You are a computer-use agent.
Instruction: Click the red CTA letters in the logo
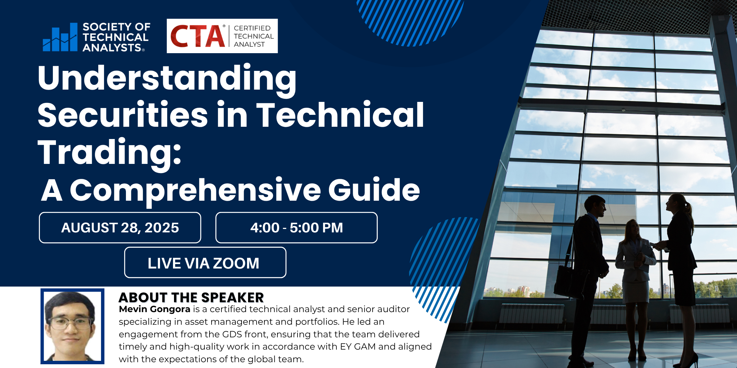[x=198, y=36]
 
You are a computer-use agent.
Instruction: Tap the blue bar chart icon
[x=60, y=37]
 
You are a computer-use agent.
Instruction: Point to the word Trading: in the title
[x=110, y=152]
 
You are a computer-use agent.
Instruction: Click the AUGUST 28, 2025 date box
[x=120, y=228]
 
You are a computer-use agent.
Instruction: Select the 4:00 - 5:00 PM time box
[x=297, y=228]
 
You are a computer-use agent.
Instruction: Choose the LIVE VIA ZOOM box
[x=205, y=262]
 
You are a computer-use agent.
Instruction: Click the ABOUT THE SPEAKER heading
[x=191, y=297]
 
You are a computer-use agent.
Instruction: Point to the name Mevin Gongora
[x=155, y=309]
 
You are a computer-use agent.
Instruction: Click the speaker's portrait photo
[x=72, y=326]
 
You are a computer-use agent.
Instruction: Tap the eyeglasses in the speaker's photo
[x=71, y=322]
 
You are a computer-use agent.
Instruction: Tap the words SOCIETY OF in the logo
[x=116, y=27]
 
